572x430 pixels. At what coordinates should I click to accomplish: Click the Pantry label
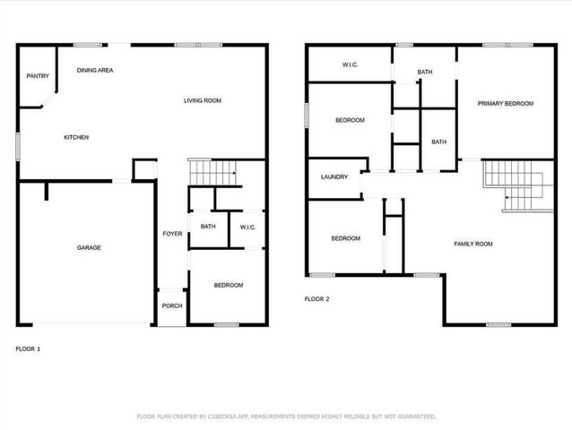pyautogui.click(x=38, y=76)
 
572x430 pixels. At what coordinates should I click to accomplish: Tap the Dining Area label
pyautogui.click(x=94, y=70)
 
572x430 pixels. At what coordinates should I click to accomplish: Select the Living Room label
pyautogui.click(x=203, y=100)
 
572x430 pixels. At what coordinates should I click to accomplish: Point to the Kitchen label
pyautogui.click(x=75, y=137)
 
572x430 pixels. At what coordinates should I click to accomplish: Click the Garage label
pyautogui.click(x=89, y=247)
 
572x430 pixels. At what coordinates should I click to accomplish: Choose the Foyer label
pyautogui.click(x=172, y=234)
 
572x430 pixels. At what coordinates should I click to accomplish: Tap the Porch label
pyautogui.click(x=171, y=305)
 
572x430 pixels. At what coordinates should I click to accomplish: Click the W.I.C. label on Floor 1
pyautogui.click(x=247, y=228)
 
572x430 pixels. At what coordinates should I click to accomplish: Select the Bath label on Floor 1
pyautogui.click(x=208, y=227)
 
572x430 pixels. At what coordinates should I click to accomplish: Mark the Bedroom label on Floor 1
pyautogui.click(x=228, y=285)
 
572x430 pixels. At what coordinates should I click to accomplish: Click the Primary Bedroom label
pyautogui.click(x=505, y=104)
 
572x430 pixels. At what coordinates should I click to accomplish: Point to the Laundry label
pyautogui.click(x=334, y=176)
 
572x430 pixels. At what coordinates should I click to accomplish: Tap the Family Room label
pyautogui.click(x=473, y=244)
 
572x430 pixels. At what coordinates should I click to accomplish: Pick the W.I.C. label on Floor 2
pyautogui.click(x=351, y=65)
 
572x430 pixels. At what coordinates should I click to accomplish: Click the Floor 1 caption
pyautogui.click(x=28, y=348)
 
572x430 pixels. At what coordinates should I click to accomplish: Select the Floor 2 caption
pyautogui.click(x=316, y=299)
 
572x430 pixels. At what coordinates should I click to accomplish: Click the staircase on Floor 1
pyautogui.click(x=214, y=171)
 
